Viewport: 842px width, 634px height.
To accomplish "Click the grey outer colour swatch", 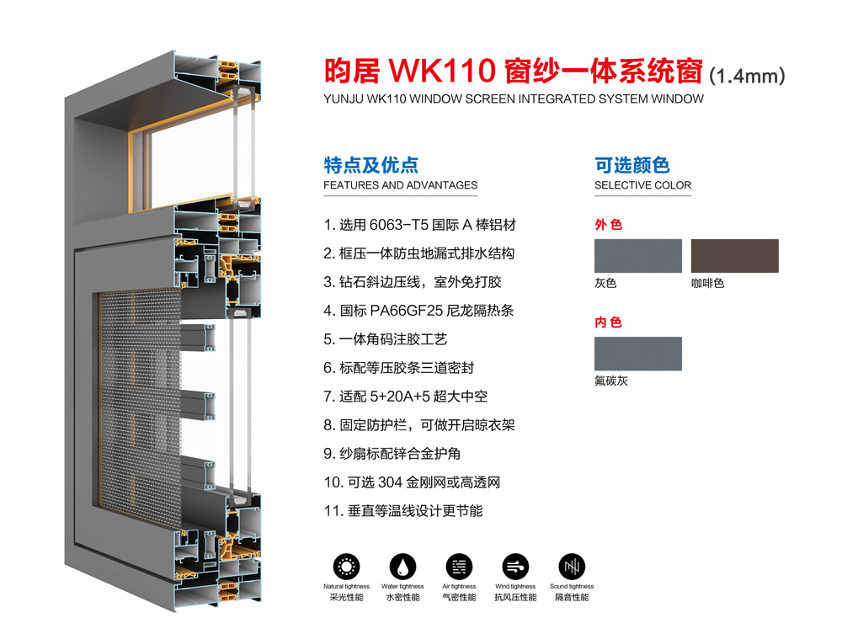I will [x=637, y=256].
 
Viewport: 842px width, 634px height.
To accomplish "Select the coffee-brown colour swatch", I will [x=734, y=256].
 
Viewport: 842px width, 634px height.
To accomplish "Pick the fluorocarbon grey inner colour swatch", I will [x=637, y=354].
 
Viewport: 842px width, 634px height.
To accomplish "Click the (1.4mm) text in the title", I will [x=747, y=76].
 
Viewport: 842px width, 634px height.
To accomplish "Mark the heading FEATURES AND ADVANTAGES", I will [x=400, y=185].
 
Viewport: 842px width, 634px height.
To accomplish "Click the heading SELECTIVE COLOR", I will [x=642, y=185].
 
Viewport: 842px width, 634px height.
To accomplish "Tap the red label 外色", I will [x=608, y=225].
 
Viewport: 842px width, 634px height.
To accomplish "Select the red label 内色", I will [x=608, y=322].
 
